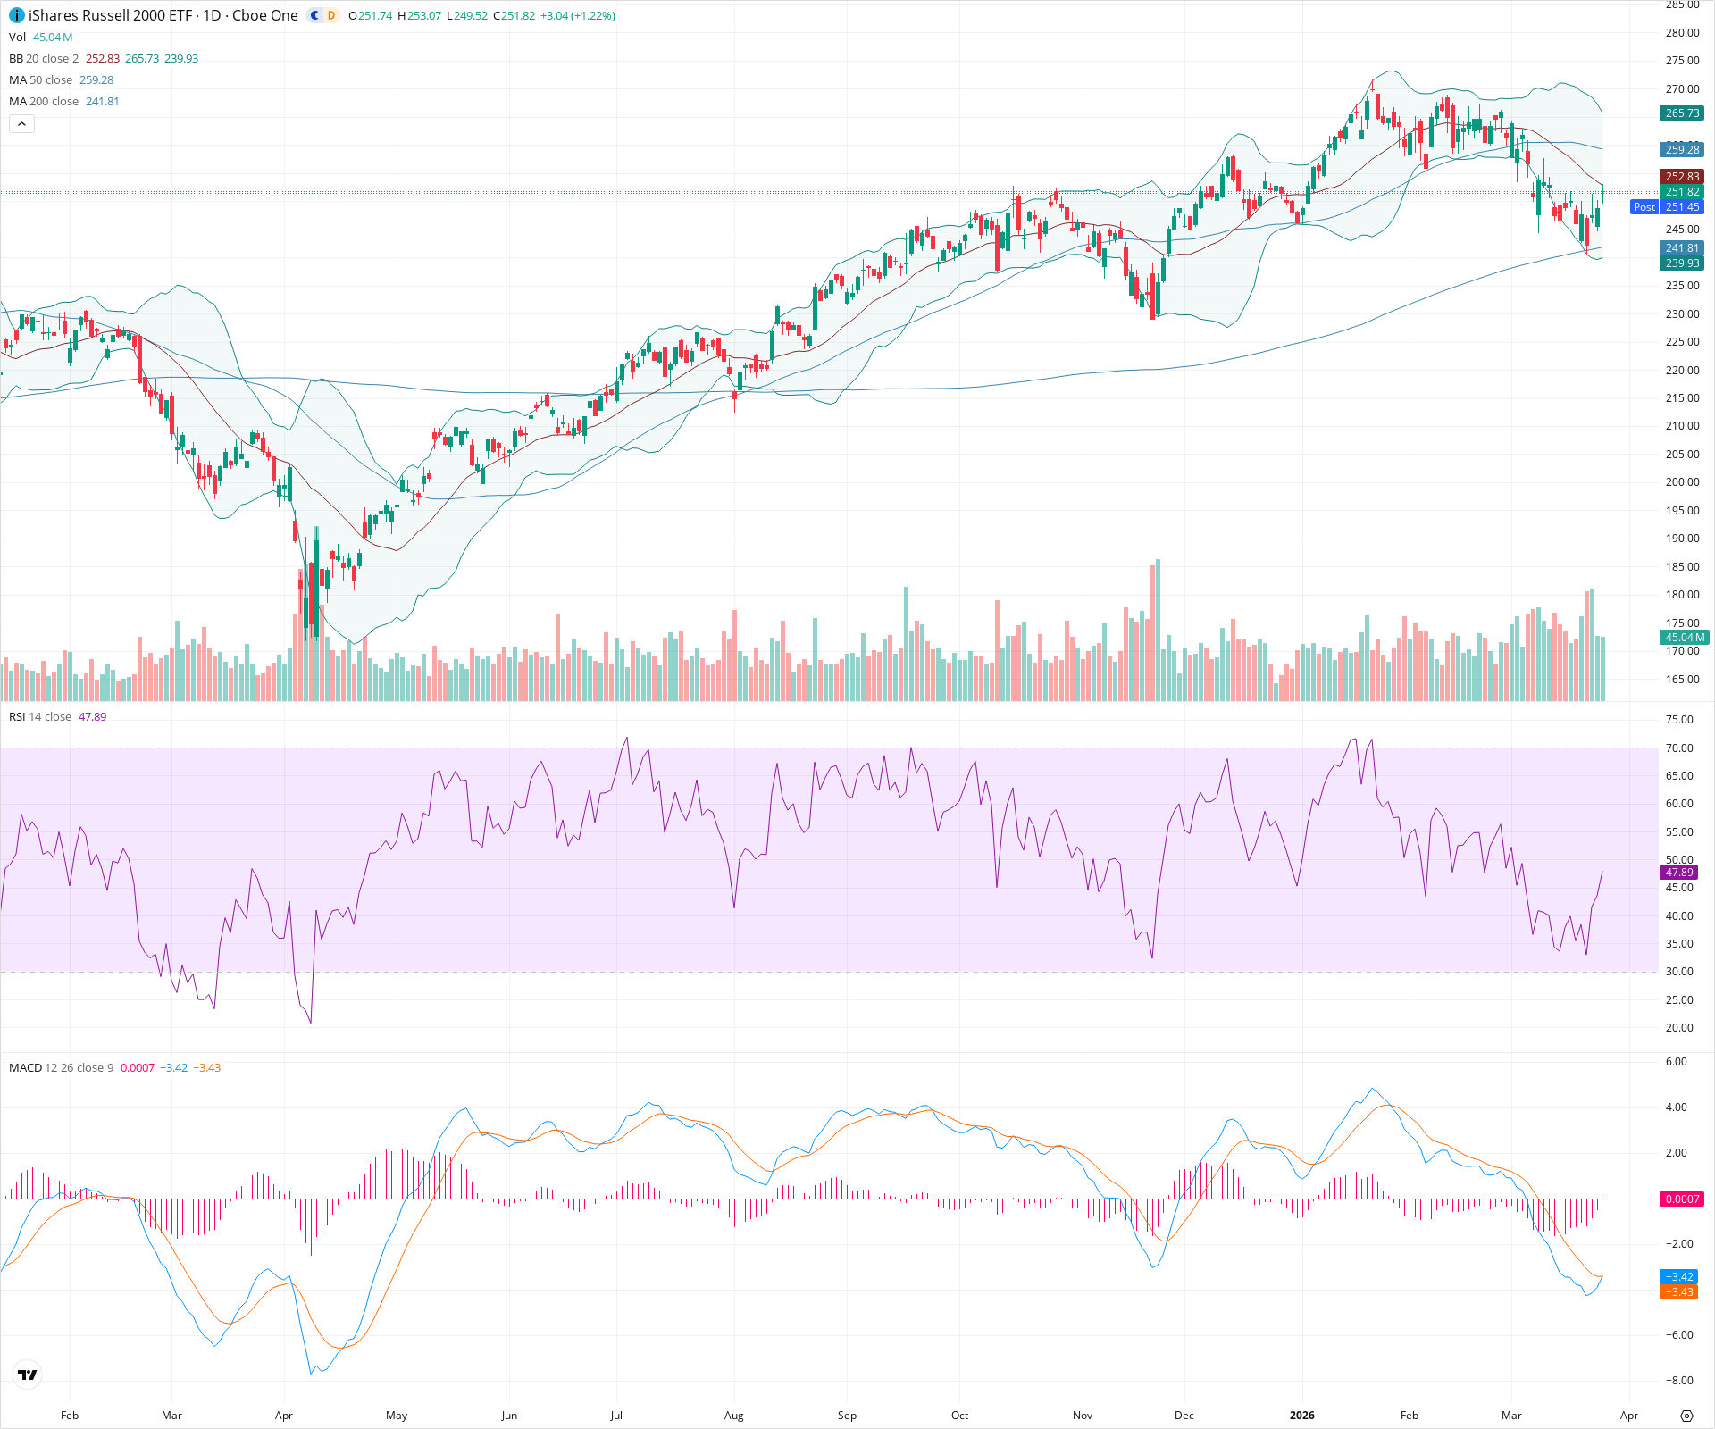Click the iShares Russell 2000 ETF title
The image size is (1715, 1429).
111,15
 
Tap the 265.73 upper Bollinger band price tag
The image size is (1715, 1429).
1682,113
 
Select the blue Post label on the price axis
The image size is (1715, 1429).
1644,207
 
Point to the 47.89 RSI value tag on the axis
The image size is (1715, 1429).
1679,873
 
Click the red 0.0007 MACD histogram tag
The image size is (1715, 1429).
1682,1199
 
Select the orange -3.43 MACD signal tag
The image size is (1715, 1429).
1679,1292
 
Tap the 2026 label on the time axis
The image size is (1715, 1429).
1301,1416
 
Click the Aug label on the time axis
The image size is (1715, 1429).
733,1416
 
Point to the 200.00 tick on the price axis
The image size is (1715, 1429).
1682,482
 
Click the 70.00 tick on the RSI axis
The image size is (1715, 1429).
1679,748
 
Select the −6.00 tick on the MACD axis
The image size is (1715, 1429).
1679,1335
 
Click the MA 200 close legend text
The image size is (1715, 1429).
44,102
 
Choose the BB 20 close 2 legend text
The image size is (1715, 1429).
44,59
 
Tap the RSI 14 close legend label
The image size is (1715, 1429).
40,717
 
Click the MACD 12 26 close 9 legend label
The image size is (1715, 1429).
61,1068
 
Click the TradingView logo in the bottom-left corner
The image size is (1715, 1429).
28,1375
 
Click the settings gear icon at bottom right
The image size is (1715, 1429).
1686,1416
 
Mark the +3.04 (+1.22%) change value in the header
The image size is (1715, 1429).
577,16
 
